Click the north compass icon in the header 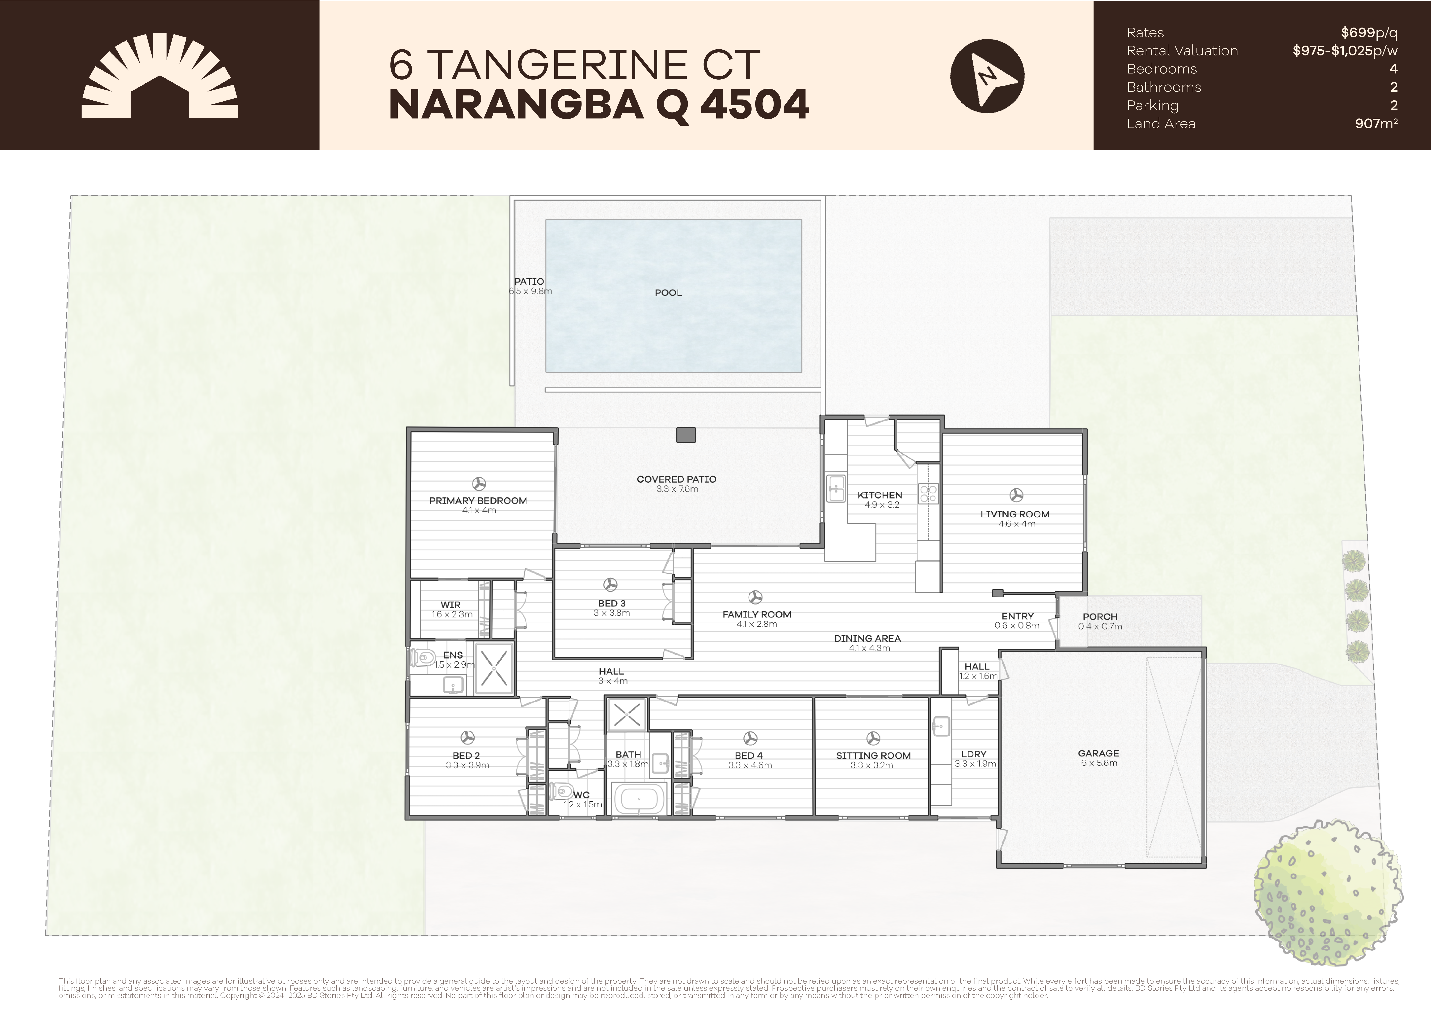pyautogui.click(x=987, y=76)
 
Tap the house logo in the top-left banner pyautogui.click(x=160, y=76)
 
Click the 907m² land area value pyautogui.click(x=1376, y=123)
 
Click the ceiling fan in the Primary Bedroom pyautogui.click(x=479, y=484)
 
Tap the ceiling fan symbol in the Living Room pyautogui.click(x=1016, y=495)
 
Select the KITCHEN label pyautogui.click(x=879, y=495)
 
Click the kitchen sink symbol pyautogui.click(x=836, y=488)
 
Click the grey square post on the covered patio pyautogui.click(x=686, y=435)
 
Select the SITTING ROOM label pyautogui.click(x=873, y=755)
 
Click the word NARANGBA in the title pyautogui.click(x=516, y=105)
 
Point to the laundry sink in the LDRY pyautogui.click(x=941, y=726)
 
